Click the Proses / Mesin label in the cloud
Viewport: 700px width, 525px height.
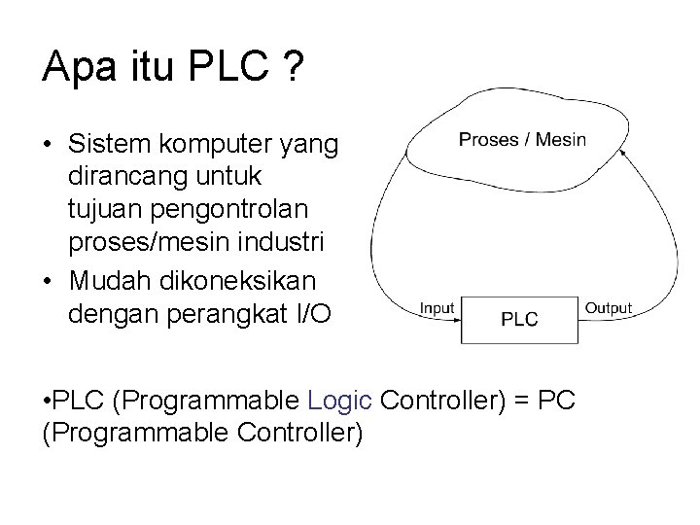pos(523,138)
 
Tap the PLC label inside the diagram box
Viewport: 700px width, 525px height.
pos(519,319)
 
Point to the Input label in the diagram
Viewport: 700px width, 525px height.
pos(437,309)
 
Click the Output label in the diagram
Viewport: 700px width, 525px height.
pos(608,309)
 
